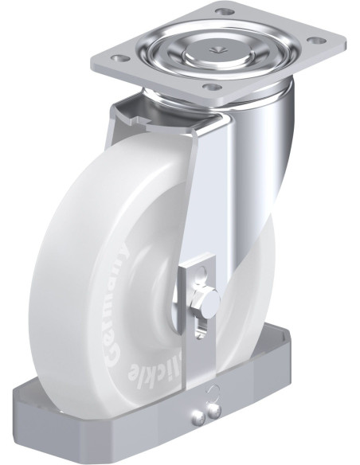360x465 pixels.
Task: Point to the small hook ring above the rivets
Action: click(x=212, y=390)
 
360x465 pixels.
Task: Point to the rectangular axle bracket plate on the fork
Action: click(x=196, y=299)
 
